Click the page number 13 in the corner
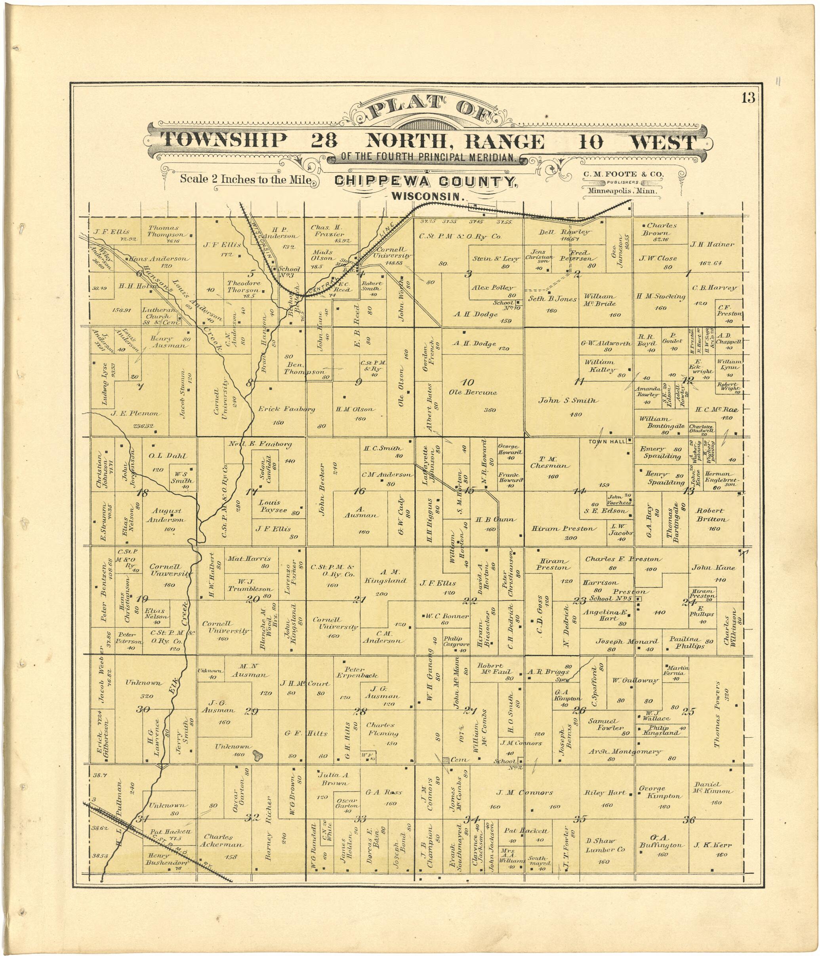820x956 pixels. point(748,98)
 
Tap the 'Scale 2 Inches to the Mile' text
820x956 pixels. point(245,179)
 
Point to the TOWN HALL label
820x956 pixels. point(606,441)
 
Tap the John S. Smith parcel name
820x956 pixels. point(567,401)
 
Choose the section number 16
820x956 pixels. point(359,491)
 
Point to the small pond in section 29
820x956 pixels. point(257,756)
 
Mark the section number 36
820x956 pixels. point(689,820)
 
